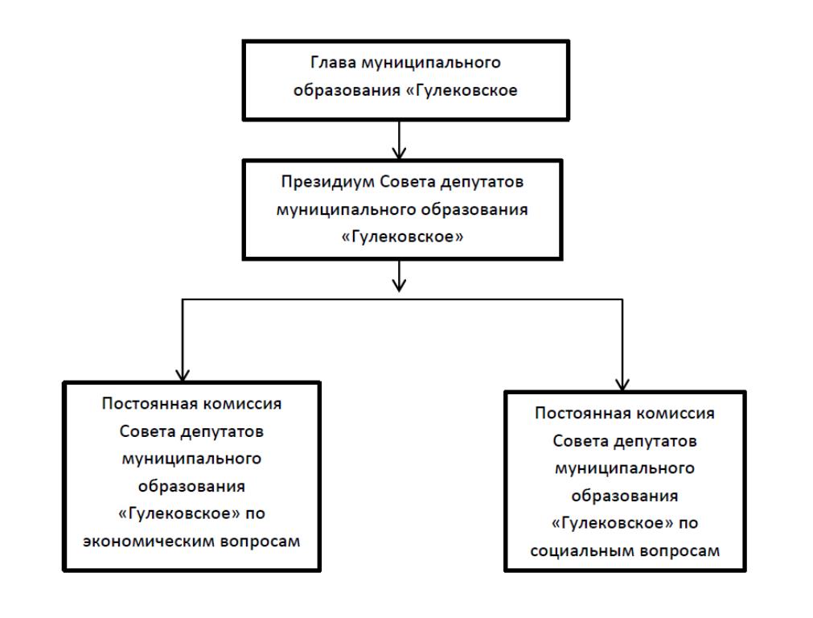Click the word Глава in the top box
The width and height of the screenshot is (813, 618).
click(x=334, y=63)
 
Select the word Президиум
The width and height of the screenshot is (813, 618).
click(x=328, y=182)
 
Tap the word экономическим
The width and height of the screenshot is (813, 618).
click(x=150, y=542)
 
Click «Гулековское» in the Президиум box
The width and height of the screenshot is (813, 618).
click(x=402, y=237)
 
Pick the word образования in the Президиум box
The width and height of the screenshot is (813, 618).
click(x=474, y=210)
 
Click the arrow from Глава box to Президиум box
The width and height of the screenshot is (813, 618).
click(x=399, y=140)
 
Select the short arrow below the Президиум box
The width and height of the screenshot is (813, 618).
click(x=399, y=276)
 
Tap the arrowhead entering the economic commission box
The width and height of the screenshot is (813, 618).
click(x=183, y=376)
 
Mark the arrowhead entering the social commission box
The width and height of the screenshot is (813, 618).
click(x=622, y=385)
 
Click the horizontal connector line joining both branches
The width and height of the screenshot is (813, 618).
click(x=402, y=299)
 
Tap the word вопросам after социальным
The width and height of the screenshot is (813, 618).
click(x=680, y=551)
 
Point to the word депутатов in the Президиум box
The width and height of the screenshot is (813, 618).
click(x=482, y=183)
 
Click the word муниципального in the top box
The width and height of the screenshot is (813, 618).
click(x=431, y=63)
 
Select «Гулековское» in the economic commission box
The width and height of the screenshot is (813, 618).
click(x=179, y=513)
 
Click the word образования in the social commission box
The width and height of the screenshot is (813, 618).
click(x=625, y=496)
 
